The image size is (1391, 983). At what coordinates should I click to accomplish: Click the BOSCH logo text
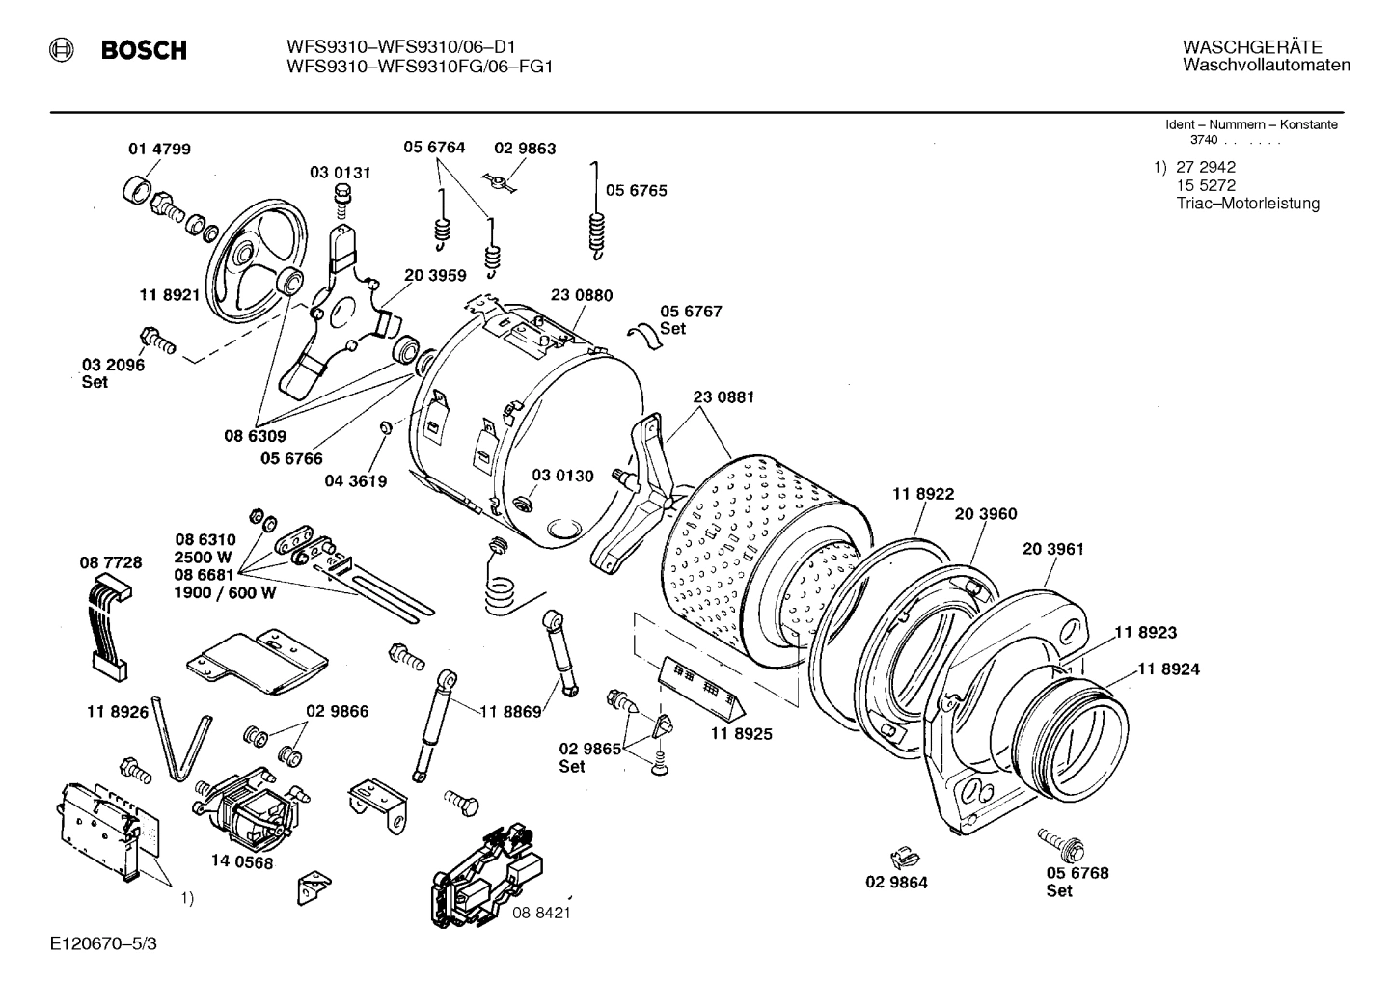(x=144, y=50)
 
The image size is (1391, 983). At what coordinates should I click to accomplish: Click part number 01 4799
(x=159, y=149)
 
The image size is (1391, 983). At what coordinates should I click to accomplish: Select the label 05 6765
(x=636, y=190)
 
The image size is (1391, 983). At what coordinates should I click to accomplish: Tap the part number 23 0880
(x=581, y=295)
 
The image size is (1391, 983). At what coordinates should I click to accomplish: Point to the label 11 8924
(x=1168, y=669)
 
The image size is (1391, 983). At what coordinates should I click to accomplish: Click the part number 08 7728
(x=110, y=561)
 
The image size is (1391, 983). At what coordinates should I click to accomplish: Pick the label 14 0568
(x=241, y=862)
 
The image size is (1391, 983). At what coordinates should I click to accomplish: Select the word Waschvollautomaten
(x=1266, y=66)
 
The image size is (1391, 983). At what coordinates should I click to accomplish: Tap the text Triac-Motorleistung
(x=1247, y=204)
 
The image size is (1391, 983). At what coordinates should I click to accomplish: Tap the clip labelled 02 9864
(x=901, y=853)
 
